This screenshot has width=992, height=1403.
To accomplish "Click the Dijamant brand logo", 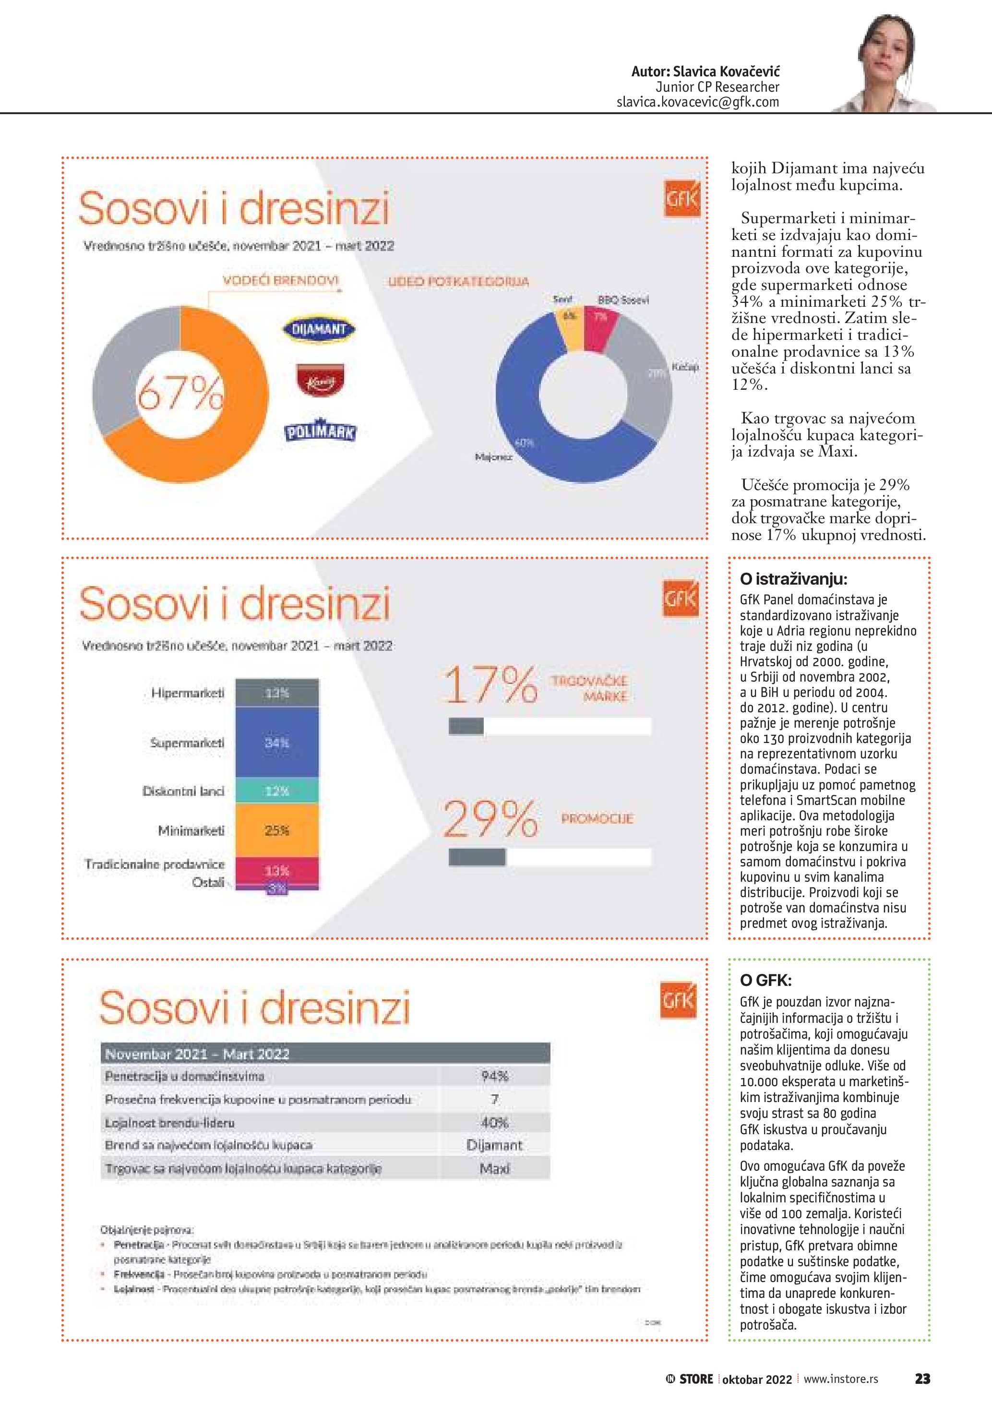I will point(319,329).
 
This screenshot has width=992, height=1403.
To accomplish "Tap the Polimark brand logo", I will point(320,432).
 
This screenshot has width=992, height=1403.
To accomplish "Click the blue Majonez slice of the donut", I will point(538,428).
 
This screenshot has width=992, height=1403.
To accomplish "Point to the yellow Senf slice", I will point(569,327).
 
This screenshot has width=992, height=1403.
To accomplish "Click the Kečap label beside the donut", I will point(685,367).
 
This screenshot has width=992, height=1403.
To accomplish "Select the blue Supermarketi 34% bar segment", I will point(277,743).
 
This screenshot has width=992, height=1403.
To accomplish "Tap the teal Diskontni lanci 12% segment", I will point(277,791).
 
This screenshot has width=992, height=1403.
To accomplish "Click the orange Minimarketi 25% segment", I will point(277,830).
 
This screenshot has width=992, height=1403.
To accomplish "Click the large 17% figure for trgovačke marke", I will point(490,685).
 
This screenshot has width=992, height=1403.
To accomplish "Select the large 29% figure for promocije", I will point(490,819).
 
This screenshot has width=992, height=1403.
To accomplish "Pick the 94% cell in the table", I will point(494,1076).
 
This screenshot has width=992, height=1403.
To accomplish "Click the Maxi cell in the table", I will point(494,1168).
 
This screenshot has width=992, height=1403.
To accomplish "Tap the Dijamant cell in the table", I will point(494,1145).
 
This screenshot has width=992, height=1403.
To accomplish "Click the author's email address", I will point(698,102).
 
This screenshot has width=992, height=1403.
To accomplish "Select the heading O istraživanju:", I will point(793,579).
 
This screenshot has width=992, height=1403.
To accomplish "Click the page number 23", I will point(922,1379).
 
